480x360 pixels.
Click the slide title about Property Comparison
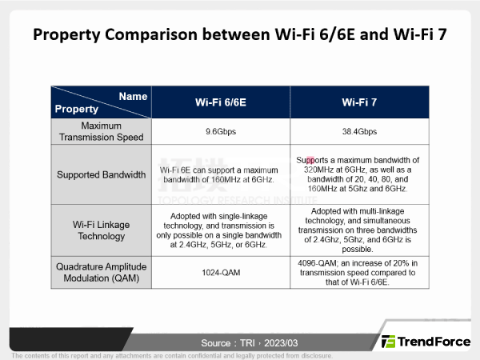point(240,35)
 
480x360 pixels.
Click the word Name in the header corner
point(133,96)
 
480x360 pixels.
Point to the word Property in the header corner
point(77,109)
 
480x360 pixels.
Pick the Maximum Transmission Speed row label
point(101,132)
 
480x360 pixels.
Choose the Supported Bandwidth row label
point(101,174)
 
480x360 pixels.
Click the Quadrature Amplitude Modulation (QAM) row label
point(101,272)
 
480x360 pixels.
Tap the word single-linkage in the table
point(238,217)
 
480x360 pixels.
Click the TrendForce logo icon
point(388,341)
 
